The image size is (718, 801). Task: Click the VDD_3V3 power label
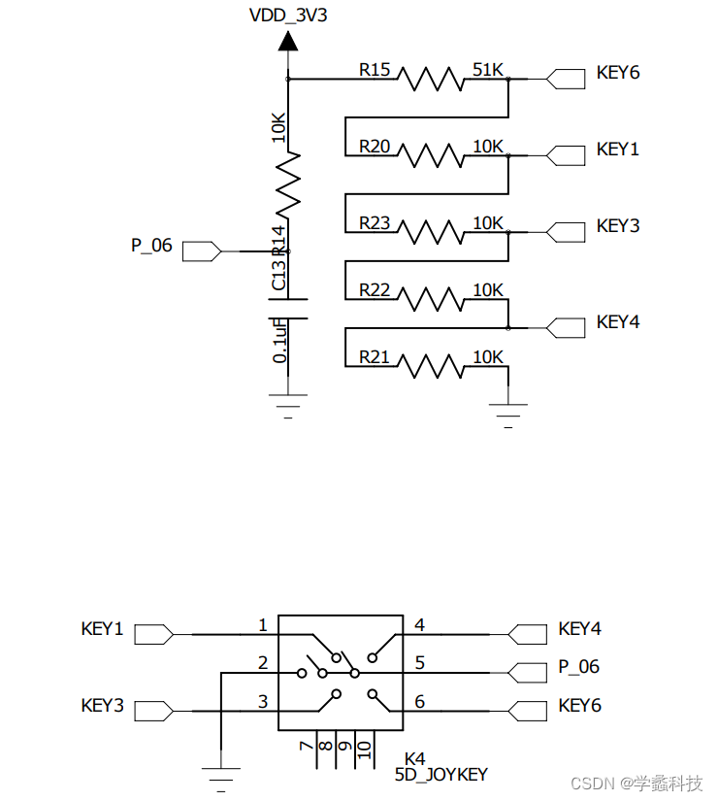pyautogui.click(x=288, y=15)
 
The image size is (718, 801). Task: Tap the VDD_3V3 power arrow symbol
pyautogui.click(x=288, y=41)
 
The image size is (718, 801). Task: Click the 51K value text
pyautogui.click(x=488, y=69)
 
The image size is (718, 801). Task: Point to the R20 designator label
pyautogui.click(x=375, y=146)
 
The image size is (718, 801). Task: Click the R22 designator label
pyautogui.click(x=375, y=290)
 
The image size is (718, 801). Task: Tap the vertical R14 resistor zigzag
pyautogui.click(x=288, y=184)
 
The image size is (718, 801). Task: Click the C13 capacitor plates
pyautogui.click(x=288, y=308)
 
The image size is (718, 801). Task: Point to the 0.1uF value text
pyautogui.click(x=279, y=340)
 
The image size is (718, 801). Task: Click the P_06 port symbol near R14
pyautogui.click(x=202, y=250)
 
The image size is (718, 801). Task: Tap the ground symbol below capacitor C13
pyautogui.click(x=288, y=403)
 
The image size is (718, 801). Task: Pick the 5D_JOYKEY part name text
pyautogui.click(x=441, y=774)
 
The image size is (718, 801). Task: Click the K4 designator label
pyautogui.click(x=415, y=757)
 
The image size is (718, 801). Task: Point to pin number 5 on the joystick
pyautogui.click(x=419, y=663)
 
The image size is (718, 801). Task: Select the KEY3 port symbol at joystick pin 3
pyautogui.click(x=153, y=712)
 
